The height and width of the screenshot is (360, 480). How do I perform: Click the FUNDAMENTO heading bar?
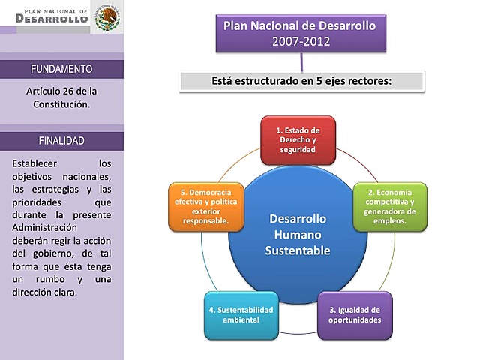click(x=61, y=69)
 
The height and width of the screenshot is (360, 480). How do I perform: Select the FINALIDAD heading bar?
click(x=61, y=141)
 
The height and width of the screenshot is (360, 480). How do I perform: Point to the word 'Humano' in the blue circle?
click(x=298, y=235)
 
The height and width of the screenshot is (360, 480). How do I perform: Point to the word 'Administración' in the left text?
click(x=44, y=227)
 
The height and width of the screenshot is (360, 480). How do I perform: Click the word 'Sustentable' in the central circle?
click(x=298, y=250)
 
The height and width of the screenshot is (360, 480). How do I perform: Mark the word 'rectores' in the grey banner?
click(x=369, y=80)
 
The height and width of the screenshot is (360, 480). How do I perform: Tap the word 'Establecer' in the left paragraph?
click(x=37, y=163)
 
